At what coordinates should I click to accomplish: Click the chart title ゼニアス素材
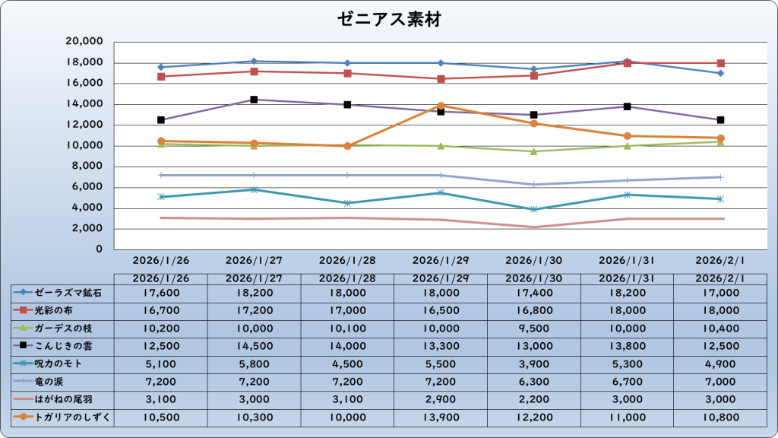[x=388, y=20]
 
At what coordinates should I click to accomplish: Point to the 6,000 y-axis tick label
[x=88, y=187]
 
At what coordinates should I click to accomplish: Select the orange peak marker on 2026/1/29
[x=441, y=106]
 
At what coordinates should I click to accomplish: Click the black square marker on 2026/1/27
[x=254, y=100]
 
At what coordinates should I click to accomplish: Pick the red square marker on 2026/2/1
[x=720, y=63]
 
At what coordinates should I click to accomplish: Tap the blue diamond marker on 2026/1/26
[x=160, y=67]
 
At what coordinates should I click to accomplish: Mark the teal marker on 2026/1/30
[x=534, y=209]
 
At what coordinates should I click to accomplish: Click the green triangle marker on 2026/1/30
[x=534, y=151]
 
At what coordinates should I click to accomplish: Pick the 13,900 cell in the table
[x=441, y=417]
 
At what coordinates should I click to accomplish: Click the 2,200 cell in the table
[x=534, y=399]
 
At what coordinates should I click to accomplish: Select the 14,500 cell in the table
[x=254, y=346]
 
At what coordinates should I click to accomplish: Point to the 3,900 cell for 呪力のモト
[x=534, y=363]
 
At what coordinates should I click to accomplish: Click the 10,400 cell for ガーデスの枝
[x=720, y=328]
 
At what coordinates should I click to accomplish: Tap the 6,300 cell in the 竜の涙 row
[x=534, y=382]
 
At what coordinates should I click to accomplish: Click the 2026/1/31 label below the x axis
[x=627, y=259]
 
